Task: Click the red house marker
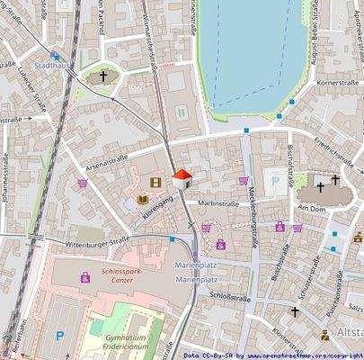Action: (182, 176)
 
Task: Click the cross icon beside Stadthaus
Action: (104, 78)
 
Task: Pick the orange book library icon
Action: (142, 198)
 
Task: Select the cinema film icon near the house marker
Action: (157, 183)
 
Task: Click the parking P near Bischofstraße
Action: (275, 181)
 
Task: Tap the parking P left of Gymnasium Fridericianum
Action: (59, 336)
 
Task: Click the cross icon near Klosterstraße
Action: (295, 311)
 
